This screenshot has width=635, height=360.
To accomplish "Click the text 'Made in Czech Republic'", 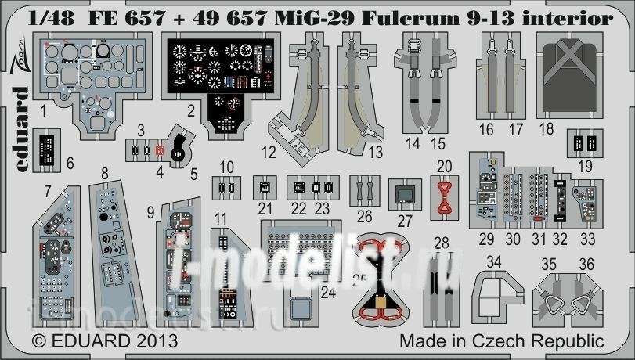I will [502, 342].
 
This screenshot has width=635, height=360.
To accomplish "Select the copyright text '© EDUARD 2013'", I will [93, 342].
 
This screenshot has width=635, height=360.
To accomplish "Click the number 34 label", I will [492, 262].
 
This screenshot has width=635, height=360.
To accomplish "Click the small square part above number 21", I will [265, 188].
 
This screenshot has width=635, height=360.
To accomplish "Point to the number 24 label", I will [328, 292].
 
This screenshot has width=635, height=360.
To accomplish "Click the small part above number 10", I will [226, 188].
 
